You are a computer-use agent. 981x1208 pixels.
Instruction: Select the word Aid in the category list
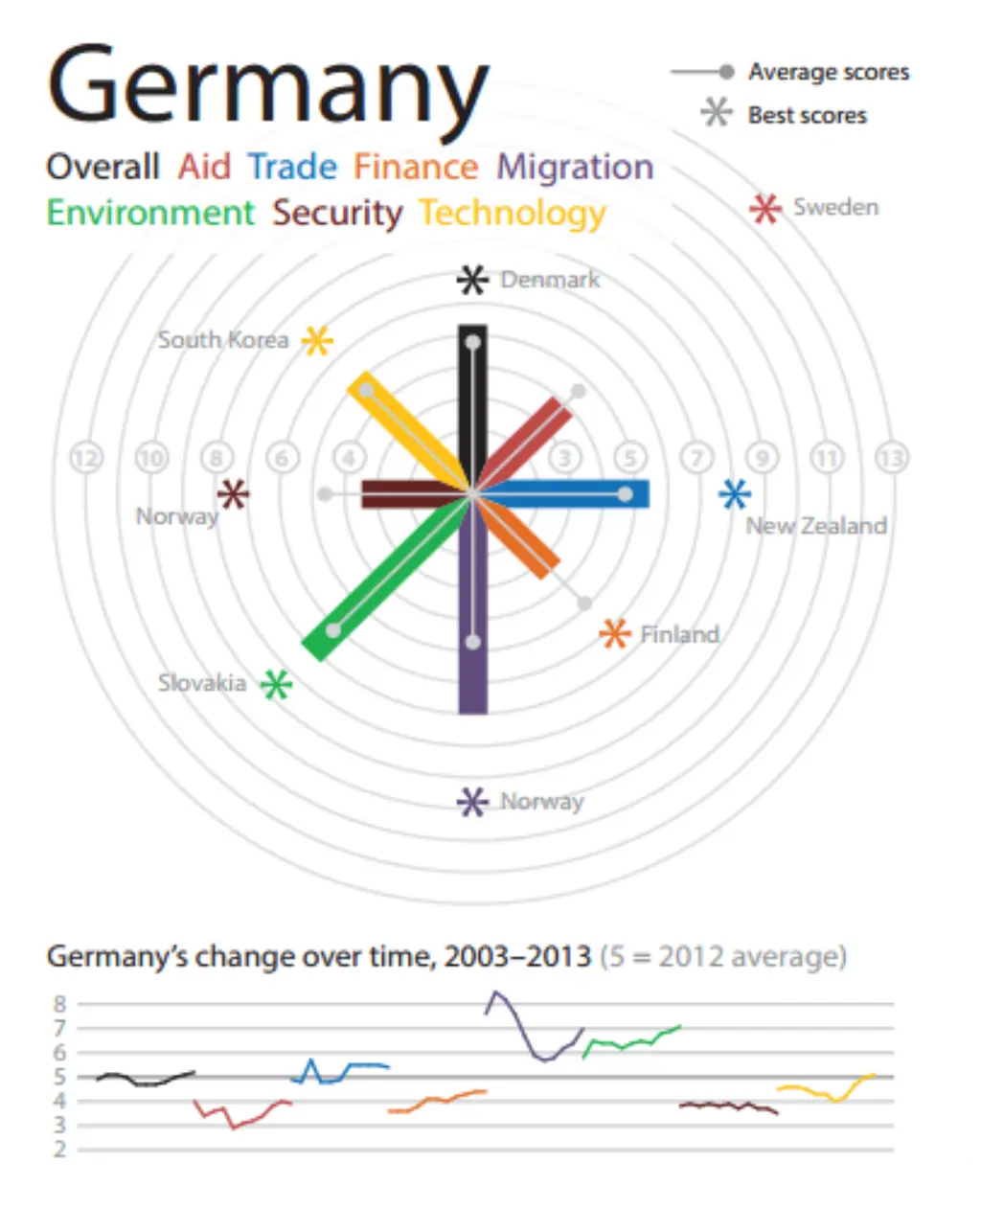pyautogui.click(x=204, y=167)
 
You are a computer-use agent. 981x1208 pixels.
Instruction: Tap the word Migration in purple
pyautogui.click(x=575, y=167)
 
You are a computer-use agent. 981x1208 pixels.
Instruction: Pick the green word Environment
pyautogui.click(x=150, y=213)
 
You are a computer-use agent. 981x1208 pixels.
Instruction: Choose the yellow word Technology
pyautogui.click(x=513, y=213)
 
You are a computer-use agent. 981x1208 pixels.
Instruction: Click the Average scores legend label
pyautogui.click(x=829, y=72)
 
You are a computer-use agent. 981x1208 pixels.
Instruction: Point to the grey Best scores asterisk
pyautogui.click(x=716, y=114)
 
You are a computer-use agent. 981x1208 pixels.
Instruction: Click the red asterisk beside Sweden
pyautogui.click(x=764, y=208)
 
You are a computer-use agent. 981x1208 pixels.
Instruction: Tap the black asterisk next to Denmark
pyautogui.click(x=472, y=280)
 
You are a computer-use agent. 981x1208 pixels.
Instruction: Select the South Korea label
pyautogui.click(x=222, y=340)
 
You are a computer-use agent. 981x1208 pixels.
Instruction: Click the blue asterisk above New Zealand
pyautogui.click(x=735, y=494)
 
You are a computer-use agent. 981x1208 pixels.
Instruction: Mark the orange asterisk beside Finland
pyautogui.click(x=614, y=633)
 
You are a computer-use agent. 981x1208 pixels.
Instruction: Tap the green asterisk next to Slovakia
pyautogui.click(x=277, y=684)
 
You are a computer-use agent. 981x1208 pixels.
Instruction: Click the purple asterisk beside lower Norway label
pyautogui.click(x=471, y=802)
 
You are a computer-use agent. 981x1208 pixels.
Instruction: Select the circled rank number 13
pyautogui.click(x=892, y=458)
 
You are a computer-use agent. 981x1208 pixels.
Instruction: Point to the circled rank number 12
pyautogui.click(x=86, y=458)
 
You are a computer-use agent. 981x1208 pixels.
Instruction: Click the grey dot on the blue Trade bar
pyautogui.click(x=625, y=494)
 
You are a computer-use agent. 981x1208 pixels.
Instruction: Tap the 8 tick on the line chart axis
pyautogui.click(x=59, y=1004)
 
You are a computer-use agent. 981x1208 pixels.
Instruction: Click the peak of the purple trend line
pyautogui.click(x=494, y=992)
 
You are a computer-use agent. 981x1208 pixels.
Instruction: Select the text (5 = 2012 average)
pyautogui.click(x=723, y=956)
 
